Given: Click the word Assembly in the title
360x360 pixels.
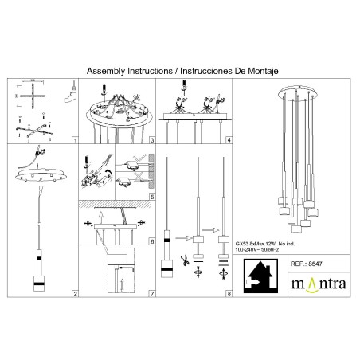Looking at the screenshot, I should pyautogui.click(x=107, y=70).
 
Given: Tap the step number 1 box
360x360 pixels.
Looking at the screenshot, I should pyautogui.click(x=74, y=139).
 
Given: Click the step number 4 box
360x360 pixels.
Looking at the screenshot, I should pyautogui.click(x=229, y=139).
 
